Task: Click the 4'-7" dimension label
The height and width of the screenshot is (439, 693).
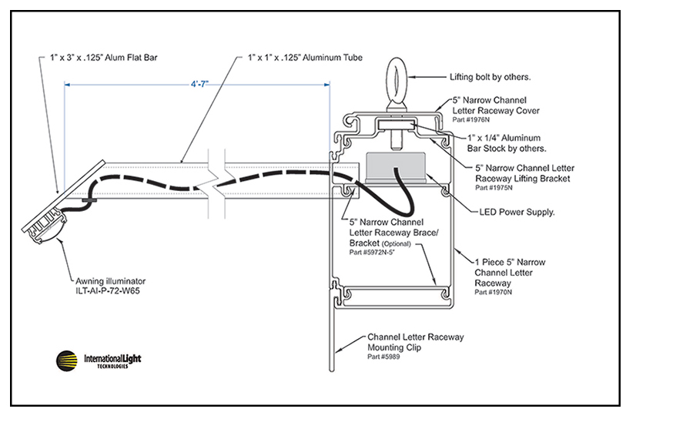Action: [199, 84]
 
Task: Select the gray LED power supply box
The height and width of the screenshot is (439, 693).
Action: [396, 168]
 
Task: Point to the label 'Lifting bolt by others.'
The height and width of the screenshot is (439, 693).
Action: [490, 77]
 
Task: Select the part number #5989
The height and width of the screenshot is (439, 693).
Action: [383, 357]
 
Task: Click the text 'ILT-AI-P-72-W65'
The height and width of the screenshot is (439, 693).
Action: [107, 291]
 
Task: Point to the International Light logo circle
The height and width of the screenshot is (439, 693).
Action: [67, 360]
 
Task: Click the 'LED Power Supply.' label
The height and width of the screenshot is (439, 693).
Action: [517, 213]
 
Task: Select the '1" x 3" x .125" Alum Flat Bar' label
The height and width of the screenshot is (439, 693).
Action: [103, 58]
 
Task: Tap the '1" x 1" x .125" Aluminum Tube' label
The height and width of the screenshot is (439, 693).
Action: [305, 58]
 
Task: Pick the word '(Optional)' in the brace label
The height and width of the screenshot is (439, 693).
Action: [397, 244]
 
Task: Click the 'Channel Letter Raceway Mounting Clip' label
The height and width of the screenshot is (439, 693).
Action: [416, 342]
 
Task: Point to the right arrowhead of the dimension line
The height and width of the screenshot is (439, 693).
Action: [327, 85]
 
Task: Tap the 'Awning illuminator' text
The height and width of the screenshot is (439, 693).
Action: [110, 281]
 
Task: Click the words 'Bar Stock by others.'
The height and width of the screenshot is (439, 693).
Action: [507, 149]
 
